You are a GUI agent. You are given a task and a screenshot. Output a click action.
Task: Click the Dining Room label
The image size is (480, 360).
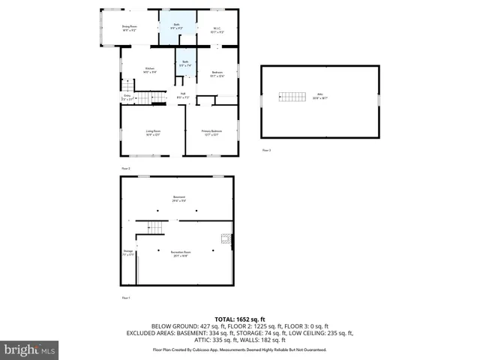pyautogui.click(x=129, y=28)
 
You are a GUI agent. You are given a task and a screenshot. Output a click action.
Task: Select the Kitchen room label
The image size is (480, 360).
pyautogui.click(x=150, y=70)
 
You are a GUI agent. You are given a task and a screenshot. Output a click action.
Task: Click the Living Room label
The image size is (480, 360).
pyautogui.click(x=153, y=133)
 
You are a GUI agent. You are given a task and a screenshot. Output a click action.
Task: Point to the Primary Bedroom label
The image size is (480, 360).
pyautogui.click(x=212, y=133)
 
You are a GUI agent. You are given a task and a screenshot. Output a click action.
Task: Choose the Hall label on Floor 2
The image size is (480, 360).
pyautogui.click(x=182, y=94)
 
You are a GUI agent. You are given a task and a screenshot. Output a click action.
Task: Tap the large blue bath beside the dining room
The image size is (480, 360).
pyautogui.click(x=177, y=28)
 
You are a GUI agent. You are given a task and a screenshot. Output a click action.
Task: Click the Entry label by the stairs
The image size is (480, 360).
pyautogui.click(x=127, y=97)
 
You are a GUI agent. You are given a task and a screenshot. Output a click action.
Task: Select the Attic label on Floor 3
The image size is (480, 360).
pyautogui.click(x=319, y=96)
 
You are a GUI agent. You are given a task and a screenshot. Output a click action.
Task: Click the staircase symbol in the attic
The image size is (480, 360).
pyautogui.click(x=292, y=96)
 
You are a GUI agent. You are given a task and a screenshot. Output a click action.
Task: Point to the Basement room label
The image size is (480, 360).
pyautogui.click(x=178, y=199)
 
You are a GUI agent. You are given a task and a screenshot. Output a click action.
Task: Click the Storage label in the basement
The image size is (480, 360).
pyautogui.click(x=128, y=253)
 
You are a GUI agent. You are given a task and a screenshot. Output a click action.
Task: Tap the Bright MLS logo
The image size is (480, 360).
pyautogui.click(x=29, y=349)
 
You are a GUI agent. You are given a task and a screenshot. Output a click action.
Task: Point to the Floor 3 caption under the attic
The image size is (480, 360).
pyautogui.click(x=266, y=151)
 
